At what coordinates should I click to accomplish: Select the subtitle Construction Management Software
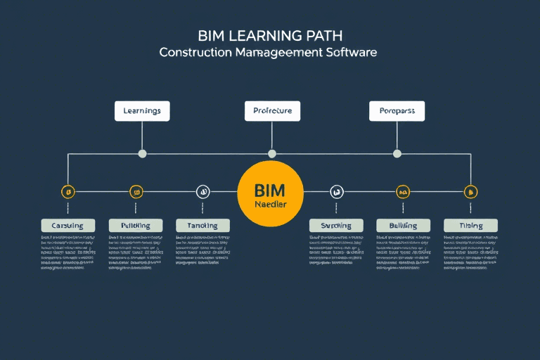[x=268, y=53]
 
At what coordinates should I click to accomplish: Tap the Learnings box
[x=142, y=111]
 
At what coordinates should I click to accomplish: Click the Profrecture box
[x=272, y=111]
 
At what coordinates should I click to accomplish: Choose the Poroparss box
[x=397, y=111]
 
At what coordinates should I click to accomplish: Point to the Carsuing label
[x=67, y=226]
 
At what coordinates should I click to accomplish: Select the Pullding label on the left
[x=136, y=226]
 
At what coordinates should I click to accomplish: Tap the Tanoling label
[x=202, y=226]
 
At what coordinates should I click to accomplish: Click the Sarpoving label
[x=336, y=226]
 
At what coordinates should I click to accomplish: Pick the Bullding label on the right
[x=403, y=226]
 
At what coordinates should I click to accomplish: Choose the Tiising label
[x=470, y=226]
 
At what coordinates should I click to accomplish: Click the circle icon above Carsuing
[x=68, y=191]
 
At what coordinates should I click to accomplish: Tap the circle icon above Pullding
[x=136, y=191]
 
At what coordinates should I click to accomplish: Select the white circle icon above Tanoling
[x=202, y=191]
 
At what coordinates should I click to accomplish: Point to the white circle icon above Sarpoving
[x=337, y=191]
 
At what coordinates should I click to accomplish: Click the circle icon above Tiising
[x=470, y=191]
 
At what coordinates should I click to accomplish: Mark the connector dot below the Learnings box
[x=143, y=153]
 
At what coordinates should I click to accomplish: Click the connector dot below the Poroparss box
[x=397, y=153]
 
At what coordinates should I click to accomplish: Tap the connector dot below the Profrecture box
[x=272, y=153]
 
